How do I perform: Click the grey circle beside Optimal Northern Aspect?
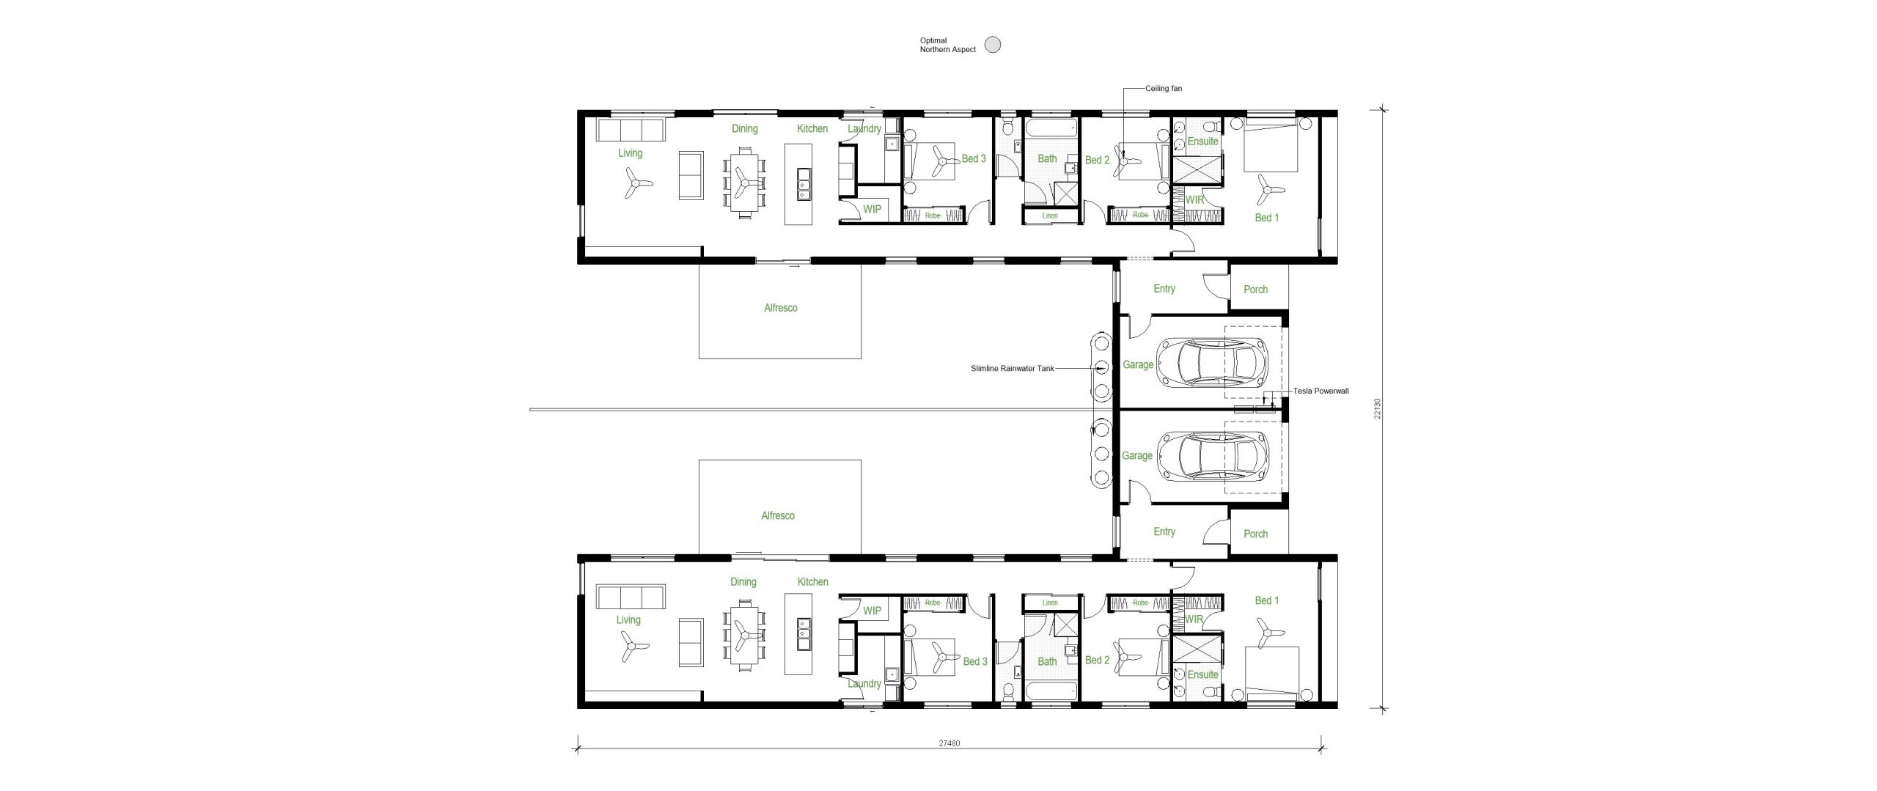pyautogui.click(x=992, y=45)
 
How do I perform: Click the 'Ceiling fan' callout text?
pyautogui.click(x=1164, y=89)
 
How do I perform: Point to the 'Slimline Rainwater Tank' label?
pyautogui.click(x=1012, y=368)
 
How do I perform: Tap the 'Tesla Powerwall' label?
pyautogui.click(x=1320, y=391)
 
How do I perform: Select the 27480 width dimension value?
pyautogui.click(x=949, y=743)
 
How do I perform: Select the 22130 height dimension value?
pyautogui.click(x=1378, y=409)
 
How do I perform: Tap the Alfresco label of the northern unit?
pyautogui.click(x=780, y=308)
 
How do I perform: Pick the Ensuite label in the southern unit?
pyautogui.click(x=1202, y=674)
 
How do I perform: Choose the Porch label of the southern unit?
pyautogui.click(x=1255, y=534)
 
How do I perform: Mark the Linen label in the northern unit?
pyautogui.click(x=1050, y=216)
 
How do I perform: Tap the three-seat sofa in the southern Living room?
pyautogui.click(x=630, y=597)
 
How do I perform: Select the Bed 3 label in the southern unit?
pyautogui.click(x=974, y=661)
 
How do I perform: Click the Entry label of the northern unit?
pyautogui.click(x=1164, y=289)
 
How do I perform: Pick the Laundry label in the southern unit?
pyautogui.click(x=864, y=683)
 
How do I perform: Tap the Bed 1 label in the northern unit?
pyautogui.click(x=1266, y=218)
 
